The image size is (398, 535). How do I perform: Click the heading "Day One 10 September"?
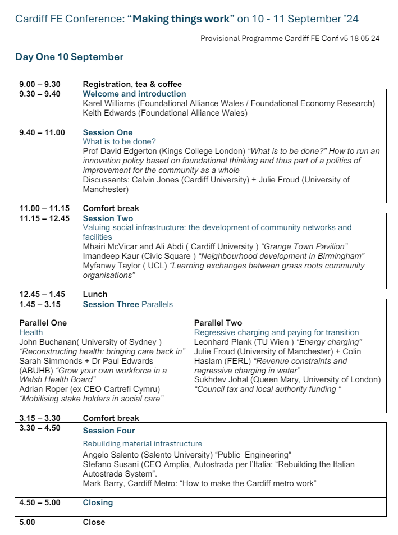tap(70, 57)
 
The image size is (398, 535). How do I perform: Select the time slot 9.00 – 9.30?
tap(39, 85)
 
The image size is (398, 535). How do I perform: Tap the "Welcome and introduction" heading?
tap(134, 94)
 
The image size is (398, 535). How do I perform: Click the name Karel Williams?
tap(108, 103)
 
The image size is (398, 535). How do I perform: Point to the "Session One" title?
tap(108, 132)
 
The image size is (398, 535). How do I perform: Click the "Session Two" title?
tap(108, 218)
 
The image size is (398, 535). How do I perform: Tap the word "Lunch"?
tap(95, 294)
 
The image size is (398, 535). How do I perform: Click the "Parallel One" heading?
tap(43, 323)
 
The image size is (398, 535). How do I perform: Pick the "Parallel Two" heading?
tap(218, 323)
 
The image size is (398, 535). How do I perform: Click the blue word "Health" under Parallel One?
tap(31, 332)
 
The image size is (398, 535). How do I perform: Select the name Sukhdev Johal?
tap(219, 380)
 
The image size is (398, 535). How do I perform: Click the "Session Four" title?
tap(109, 431)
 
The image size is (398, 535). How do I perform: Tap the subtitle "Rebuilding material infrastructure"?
tap(142, 444)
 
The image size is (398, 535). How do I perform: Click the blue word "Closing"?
tap(98, 502)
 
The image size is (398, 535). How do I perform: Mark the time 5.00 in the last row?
tap(26, 522)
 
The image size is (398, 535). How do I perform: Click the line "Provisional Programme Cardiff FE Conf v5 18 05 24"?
tap(290, 38)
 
